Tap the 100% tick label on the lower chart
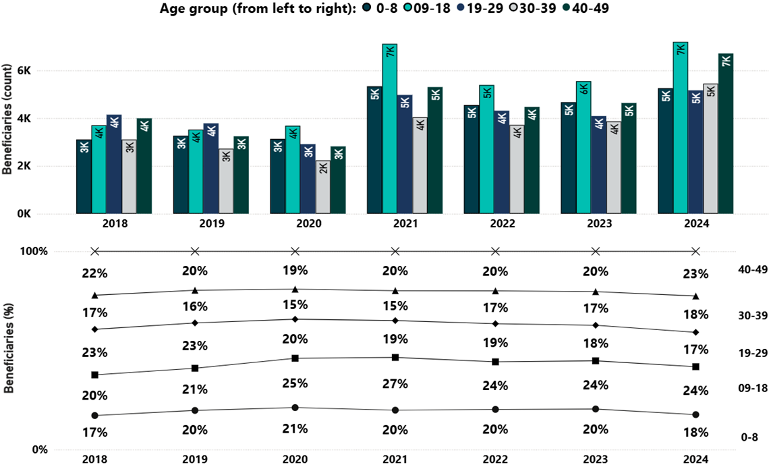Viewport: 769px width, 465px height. click(34, 252)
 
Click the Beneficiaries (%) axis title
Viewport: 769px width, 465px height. click(9, 352)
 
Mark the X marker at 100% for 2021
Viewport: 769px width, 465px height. click(395, 251)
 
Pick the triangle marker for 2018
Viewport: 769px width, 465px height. click(95, 295)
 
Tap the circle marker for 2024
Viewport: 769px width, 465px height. click(695, 414)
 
